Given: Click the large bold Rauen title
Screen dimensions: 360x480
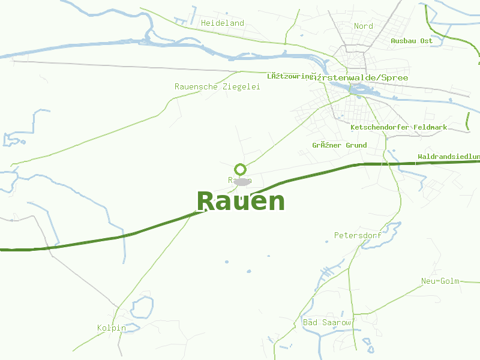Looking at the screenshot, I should click(x=241, y=202).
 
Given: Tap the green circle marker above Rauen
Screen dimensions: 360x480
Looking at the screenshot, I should click(x=241, y=169).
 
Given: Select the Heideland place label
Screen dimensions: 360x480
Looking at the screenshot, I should click(x=223, y=23).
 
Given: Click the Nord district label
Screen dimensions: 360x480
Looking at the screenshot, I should click(x=364, y=26).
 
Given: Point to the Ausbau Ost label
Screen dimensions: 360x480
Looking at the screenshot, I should click(x=412, y=41).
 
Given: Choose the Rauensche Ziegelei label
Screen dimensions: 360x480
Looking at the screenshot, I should click(x=217, y=87).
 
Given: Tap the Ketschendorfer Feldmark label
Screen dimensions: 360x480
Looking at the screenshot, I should click(x=399, y=128).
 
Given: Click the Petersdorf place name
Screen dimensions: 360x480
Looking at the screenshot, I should click(x=358, y=235).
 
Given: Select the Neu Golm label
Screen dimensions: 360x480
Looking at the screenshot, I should click(x=440, y=281).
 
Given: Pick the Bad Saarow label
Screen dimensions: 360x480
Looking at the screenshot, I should click(x=327, y=323).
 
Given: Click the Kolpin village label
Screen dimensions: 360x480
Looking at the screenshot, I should click(x=112, y=328).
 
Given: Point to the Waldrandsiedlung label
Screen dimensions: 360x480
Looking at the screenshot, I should click(x=449, y=157).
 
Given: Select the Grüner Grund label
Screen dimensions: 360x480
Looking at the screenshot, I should click(x=340, y=146).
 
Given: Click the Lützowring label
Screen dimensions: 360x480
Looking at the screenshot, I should click(x=290, y=77).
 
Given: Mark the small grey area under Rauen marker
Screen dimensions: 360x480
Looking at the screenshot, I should click(x=242, y=181).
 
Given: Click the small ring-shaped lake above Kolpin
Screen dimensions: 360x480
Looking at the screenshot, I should click(x=142, y=307).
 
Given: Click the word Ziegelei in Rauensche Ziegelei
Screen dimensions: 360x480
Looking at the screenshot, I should click(x=241, y=87).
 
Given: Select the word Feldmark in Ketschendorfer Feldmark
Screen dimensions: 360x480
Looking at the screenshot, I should click(x=430, y=128).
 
